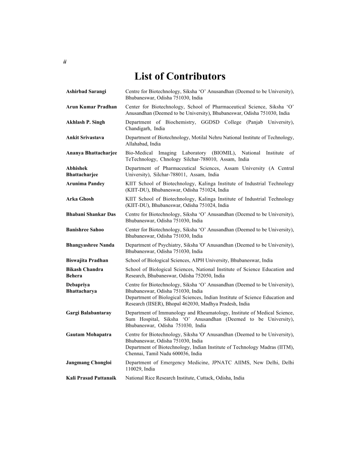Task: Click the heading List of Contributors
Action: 180,76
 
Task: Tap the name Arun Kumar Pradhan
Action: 91,107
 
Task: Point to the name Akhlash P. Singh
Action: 86,122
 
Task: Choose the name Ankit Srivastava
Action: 85,138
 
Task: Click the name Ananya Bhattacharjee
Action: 91,153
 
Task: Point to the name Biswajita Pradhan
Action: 87,260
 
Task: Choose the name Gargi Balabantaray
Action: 89,312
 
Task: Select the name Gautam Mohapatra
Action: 89,334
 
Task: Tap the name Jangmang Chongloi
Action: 89,362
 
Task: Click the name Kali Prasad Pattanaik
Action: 91,378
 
